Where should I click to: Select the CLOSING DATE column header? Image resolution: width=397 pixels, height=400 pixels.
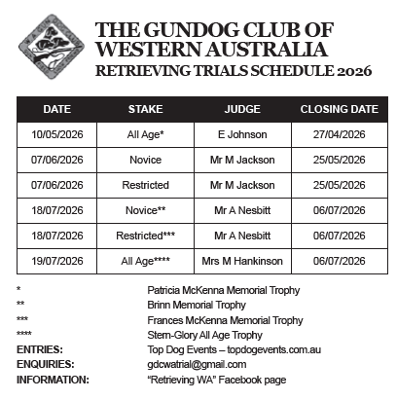click(339, 109)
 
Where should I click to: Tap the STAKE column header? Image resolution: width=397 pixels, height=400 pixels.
click(145, 109)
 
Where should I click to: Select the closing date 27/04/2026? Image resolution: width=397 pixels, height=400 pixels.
click(339, 135)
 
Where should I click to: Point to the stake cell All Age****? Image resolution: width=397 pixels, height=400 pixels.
click(145, 261)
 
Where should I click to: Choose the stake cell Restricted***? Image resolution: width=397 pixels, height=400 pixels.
click(145, 236)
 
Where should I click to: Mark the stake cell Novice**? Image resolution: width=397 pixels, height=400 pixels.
click(145, 210)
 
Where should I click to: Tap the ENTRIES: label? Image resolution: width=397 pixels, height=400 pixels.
click(40, 349)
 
